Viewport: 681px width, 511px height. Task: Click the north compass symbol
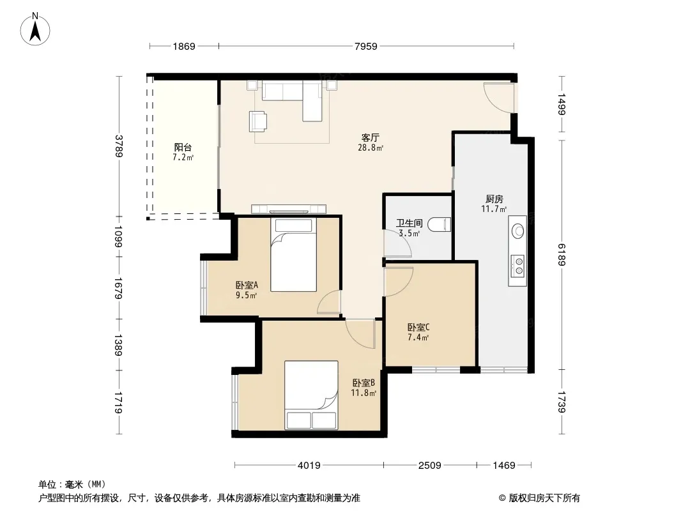pyautogui.click(x=35, y=29)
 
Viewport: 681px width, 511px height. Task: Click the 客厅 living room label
pyautogui.click(x=370, y=137)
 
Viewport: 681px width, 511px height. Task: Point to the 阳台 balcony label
pyautogui.click(x=183, y=147)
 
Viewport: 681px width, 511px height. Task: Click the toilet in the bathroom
pyautogui.click(x=439, y=224)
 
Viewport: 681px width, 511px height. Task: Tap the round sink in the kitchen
pyautogui.click(x=517, y=231)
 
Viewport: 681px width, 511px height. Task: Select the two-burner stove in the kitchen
pyautogui.click(x=517, y=266)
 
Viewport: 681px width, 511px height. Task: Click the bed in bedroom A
pyautogui.click(x=294, y=254)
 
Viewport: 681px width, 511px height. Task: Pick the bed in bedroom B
pyautogui.click(x=311, y=395)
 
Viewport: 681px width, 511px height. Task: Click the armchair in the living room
pyautogui.click(x=258, y=121)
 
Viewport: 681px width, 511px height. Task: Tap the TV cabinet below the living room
pyautogui.click(x=289, y=209)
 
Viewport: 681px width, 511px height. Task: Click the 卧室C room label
pyautogui.click(x=418, y=327)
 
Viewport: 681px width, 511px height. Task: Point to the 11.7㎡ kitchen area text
pyautogui.click(x=494, y=209)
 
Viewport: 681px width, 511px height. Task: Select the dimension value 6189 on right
pyautogui.click(x=562, y=254)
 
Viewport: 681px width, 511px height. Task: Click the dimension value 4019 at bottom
pyautogui.click(x=309, y=466)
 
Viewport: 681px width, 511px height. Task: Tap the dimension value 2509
pyautogui.click(x=429, y=466)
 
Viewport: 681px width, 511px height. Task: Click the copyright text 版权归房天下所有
pyautogui.click(x=544, y=498)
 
